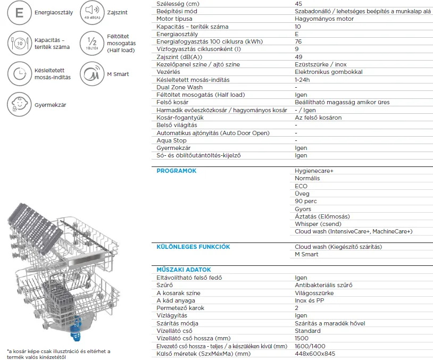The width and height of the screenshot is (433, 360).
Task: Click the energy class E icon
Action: click(x=19, y=12)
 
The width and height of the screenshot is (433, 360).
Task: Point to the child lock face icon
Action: click(x=19, y=104)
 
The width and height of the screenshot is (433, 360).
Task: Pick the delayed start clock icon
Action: click(x=19, y=74)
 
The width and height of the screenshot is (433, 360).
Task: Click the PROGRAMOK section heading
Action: click(x=176, y=171)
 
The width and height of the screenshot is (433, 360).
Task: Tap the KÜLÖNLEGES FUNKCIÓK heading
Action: click(x=193, y=247)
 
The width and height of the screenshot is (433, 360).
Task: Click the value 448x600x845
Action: click(x=315, y=354)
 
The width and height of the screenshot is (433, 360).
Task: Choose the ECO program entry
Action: click(x=301, y=186)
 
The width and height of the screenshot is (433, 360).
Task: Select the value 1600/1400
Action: click(x=310, y=346)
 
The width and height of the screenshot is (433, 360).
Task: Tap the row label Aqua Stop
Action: click(x=171, y=140)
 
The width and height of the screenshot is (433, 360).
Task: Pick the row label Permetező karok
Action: click(x=180, y=308)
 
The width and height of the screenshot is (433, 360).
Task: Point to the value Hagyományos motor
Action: click(x=323, y=19)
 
